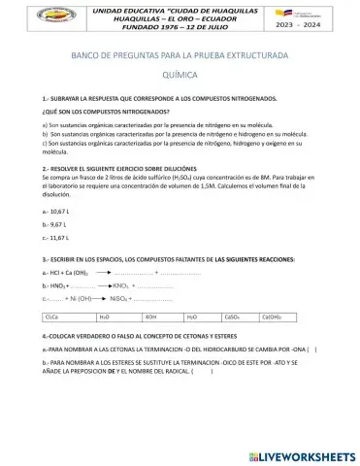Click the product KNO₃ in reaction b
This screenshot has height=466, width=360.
[120, 286]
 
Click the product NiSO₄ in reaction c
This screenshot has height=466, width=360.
[122, 299]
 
